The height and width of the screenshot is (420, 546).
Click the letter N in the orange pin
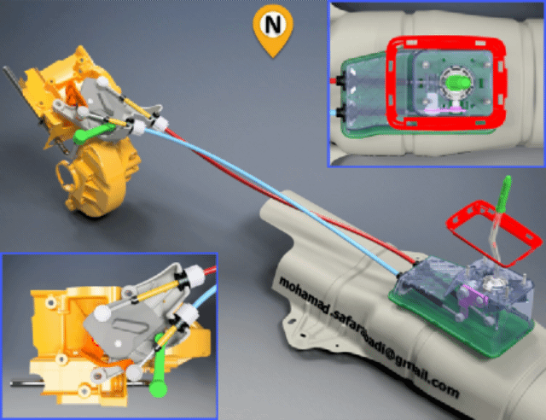click(x=273, y=25)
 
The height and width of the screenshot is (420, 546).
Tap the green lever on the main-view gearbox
click(x=92, y=133)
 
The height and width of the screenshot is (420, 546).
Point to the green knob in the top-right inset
click(x=459, y=83)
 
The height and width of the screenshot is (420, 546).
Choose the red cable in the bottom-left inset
click(x=211, y=270)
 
